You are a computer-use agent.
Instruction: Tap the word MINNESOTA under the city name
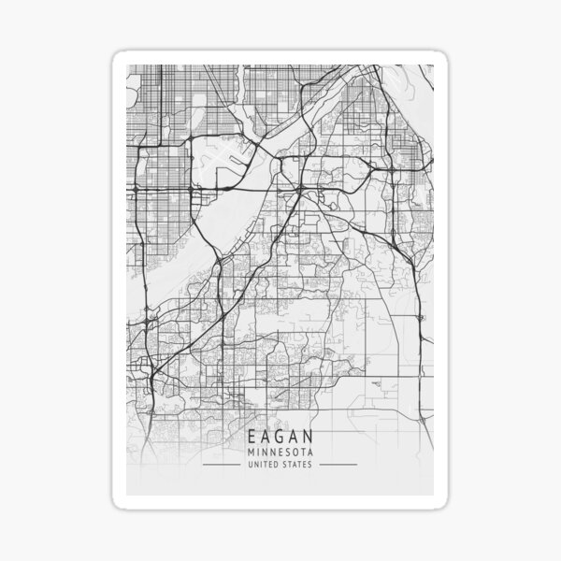(x=280, y=452)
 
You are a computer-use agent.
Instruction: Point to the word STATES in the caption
(x=299, y=465)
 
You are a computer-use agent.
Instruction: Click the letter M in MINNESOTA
(x=251, y=452)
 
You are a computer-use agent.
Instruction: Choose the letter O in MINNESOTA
(x=294, y=452)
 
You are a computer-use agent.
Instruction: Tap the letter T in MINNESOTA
(x=301, y=452)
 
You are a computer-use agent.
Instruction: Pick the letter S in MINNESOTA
(x=286, y=452)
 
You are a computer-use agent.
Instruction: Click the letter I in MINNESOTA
(x=257, y=452)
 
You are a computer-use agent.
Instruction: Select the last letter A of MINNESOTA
(x=309, y=452)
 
